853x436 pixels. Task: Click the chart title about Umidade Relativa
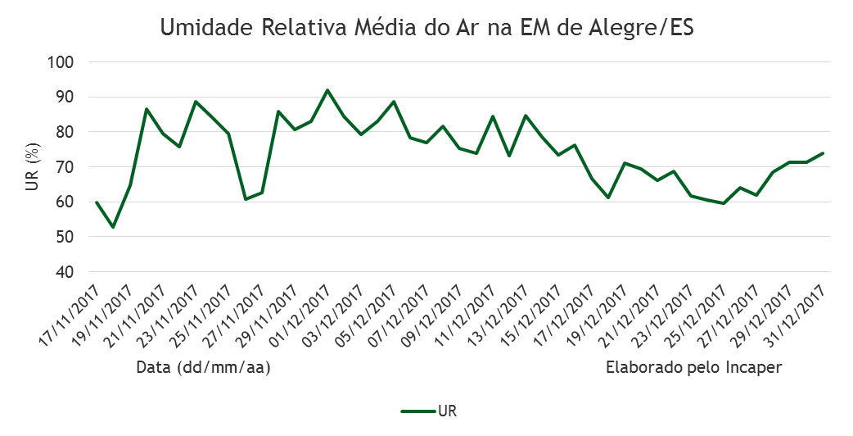click(x=426, y=28)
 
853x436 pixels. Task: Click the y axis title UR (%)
click(x=31, y=166)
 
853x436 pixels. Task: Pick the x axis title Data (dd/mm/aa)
click(x=203, y=369)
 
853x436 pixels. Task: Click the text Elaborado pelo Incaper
click(x=693, y=369)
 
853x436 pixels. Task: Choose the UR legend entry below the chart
click(x=434, y=410)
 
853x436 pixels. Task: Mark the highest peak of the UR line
click(x=327, y=90)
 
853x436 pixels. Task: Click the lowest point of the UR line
click(x=113, y=227)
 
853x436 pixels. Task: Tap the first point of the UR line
click(x=97, y=202)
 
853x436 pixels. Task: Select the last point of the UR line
click(x=823, y=153)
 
